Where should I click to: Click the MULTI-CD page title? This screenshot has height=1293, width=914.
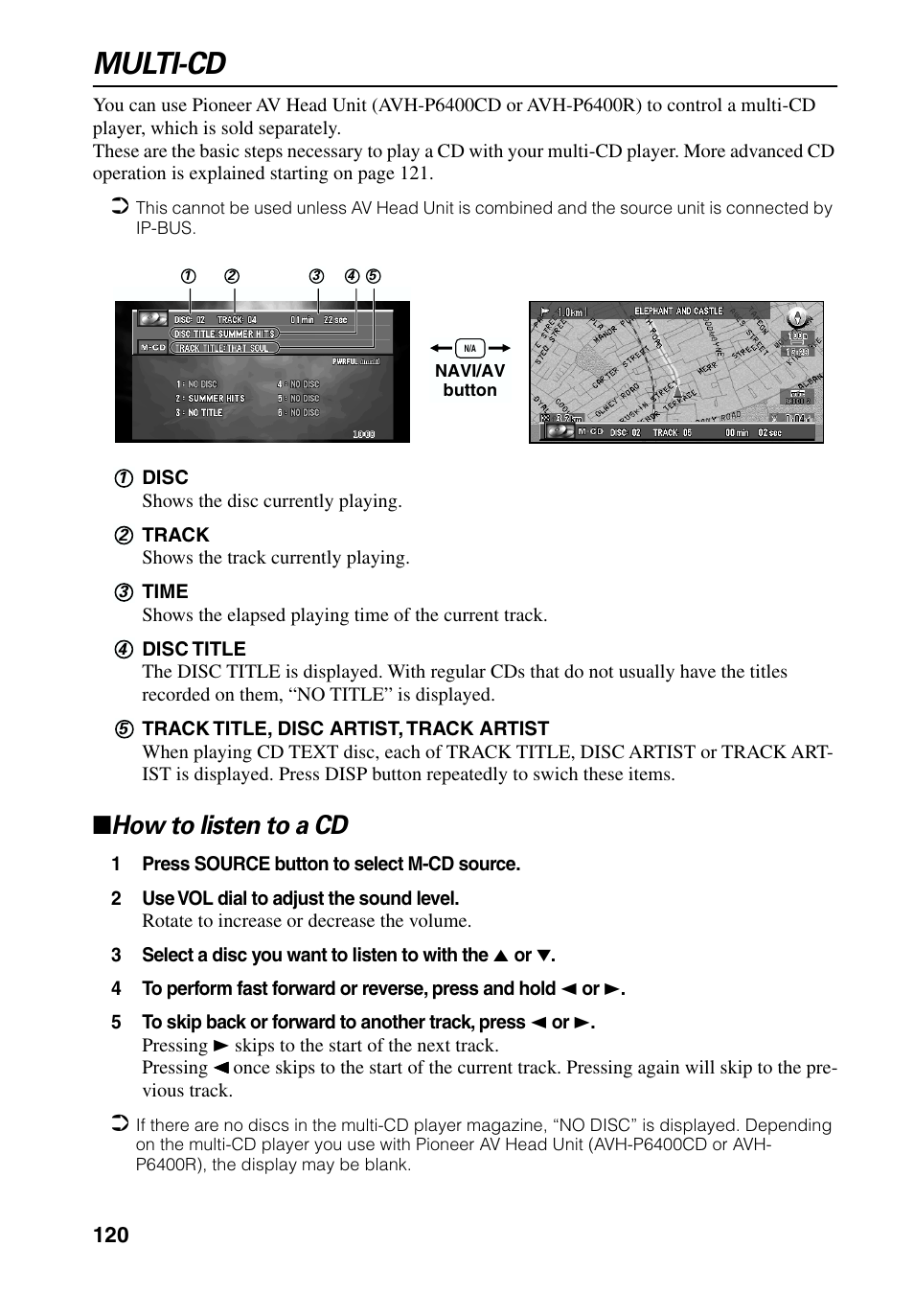(160, 63)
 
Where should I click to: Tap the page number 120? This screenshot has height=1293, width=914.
(111, 1235)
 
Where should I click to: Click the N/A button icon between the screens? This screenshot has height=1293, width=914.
(469, 349)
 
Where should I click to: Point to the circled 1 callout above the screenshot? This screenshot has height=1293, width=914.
(189, 276)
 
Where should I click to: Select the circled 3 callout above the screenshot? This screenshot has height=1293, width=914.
(316, 276)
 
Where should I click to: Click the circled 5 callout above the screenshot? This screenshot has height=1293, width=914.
(374, 276)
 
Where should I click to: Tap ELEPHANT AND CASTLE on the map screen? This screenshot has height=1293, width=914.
(678, 311)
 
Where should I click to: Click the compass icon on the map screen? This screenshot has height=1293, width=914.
(796, 317)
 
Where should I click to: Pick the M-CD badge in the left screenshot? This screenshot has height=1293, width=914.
(152, 347)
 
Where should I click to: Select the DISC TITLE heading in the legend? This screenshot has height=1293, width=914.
(194, 649)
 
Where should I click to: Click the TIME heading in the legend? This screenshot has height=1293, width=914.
(165, 591)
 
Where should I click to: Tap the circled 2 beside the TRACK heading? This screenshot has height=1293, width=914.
(124, 536)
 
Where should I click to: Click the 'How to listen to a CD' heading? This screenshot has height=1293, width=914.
(230, 825)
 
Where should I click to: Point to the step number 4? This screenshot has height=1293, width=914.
(116, 989)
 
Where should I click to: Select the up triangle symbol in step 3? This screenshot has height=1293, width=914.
(499, 956)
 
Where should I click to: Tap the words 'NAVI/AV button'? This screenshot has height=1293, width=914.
(469, 381)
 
